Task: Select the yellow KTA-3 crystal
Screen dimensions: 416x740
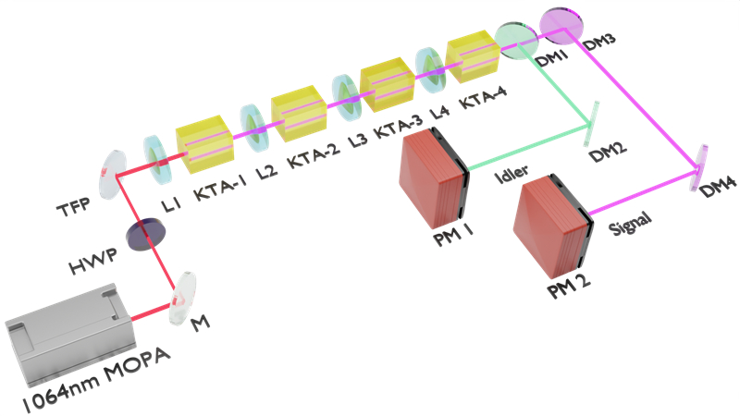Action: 384,85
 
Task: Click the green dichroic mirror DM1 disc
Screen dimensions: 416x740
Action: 516,38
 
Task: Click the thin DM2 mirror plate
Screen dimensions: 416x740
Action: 590,122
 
